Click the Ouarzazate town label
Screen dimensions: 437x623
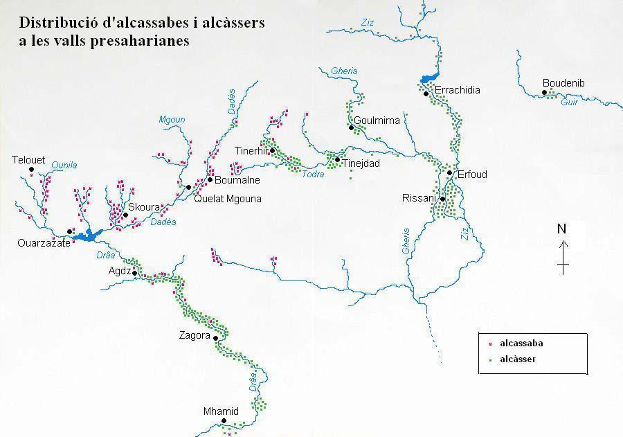coord(44,243)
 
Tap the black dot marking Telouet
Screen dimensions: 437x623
coord(31,169)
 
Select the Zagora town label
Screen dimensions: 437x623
coord(194,336)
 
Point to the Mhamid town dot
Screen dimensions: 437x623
coord(224,420)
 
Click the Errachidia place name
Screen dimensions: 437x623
coord(457,90)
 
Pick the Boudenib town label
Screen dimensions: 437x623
coord(563,83)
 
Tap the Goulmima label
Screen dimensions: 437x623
coord(377,121)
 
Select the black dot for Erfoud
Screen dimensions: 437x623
coord(449,173)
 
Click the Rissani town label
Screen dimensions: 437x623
coord(419,198)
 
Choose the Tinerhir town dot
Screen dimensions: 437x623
coord(272,150)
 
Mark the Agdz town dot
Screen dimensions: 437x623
coord(134,274)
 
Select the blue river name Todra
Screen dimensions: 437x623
coord(313,174)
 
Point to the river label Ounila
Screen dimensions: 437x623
coord(64,165)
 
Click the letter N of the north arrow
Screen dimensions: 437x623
coord(562,229)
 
